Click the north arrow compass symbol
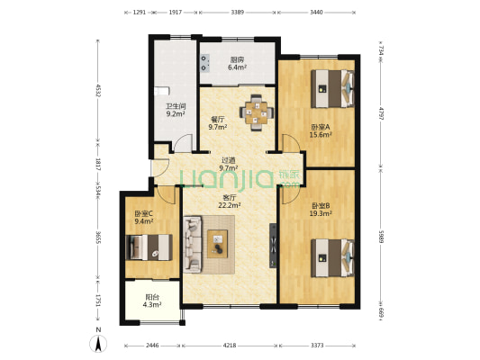98,344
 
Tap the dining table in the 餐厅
257,112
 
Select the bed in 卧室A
332,89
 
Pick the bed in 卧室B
332,258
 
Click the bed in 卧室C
149,247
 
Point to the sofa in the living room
193,245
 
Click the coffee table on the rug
217,244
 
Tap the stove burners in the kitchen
204,63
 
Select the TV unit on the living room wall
273,246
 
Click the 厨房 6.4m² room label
238,64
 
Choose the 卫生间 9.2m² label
176,111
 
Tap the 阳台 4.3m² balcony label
152,301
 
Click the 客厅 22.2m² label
230,202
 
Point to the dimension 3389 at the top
237,13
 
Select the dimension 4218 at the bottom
230,346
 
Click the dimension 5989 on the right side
381,237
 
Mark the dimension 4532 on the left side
98,91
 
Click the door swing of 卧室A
291,143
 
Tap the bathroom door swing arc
183,143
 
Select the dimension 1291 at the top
139,13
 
